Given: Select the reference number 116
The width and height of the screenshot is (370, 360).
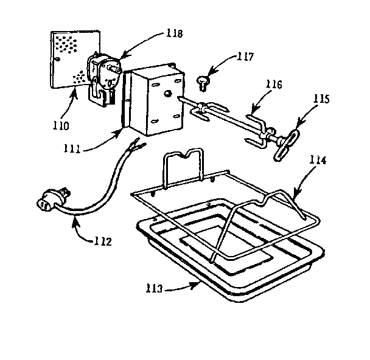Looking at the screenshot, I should [x=273, y=86].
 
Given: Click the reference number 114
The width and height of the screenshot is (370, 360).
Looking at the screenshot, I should [x=318, y=161].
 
